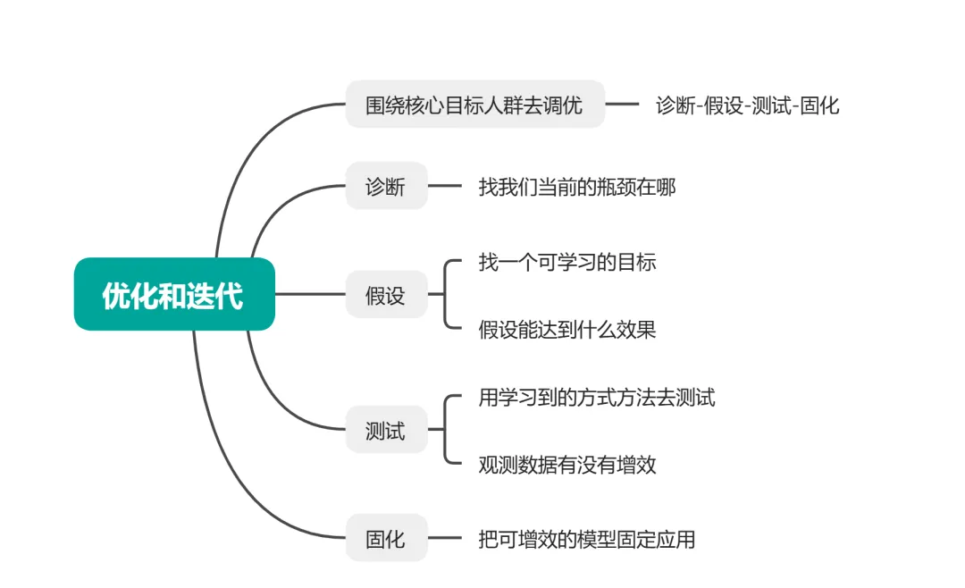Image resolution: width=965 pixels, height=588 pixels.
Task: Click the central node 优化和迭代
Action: (174, 294)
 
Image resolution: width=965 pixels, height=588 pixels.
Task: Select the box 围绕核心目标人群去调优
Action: (474, 105)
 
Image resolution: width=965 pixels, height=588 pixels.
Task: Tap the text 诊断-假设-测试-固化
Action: (747, 105)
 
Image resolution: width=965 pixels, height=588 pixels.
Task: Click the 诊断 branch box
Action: (386, 186)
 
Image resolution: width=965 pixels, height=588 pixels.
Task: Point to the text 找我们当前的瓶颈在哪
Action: (576, 187)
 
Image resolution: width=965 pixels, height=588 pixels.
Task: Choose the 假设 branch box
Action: (386, 295)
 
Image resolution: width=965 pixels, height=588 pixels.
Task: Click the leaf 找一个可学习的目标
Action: (566, 262)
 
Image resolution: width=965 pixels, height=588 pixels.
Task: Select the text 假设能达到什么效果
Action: (566, 330)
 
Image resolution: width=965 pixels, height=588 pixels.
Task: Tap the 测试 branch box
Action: (386, 430)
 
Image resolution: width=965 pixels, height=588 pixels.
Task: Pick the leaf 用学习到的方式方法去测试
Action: (596, 397)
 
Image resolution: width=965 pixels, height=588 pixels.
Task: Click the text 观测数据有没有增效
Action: (566, 465)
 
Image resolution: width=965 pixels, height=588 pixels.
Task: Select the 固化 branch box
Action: (386, 539)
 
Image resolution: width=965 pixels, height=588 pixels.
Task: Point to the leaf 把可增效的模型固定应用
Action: (586, 539)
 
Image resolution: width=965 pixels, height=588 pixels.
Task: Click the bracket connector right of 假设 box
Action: (445, 295)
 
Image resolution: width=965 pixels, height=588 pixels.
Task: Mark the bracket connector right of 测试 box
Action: (445, 430)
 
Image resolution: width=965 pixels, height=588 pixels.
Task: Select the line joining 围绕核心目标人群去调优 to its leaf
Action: (623, 105)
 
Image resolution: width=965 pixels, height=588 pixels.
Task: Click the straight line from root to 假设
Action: (310, 294)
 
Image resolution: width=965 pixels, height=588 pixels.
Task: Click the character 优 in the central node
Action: (114, 295)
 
